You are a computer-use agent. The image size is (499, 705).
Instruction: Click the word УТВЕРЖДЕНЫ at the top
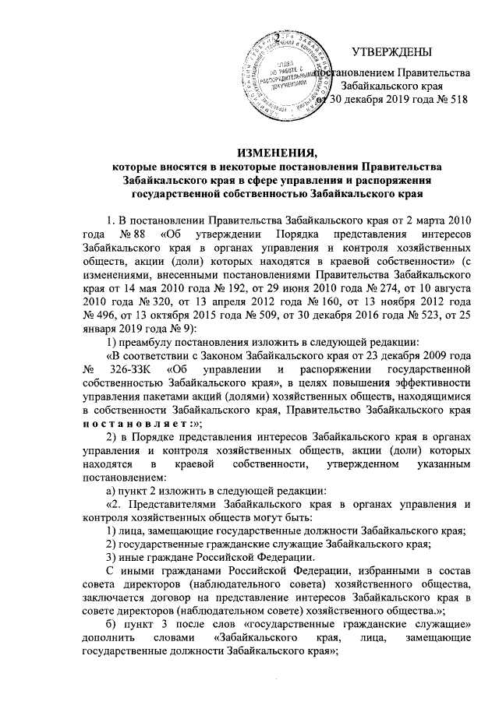click(391, 52)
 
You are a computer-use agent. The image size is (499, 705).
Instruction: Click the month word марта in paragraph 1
click(424, 220)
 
